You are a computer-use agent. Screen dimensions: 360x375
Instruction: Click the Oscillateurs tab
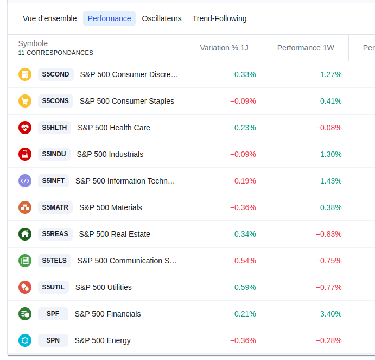162,18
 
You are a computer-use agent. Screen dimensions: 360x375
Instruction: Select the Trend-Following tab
219,18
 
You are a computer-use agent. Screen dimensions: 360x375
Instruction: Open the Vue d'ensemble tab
50,18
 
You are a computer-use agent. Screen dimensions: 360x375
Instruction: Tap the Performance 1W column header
306,48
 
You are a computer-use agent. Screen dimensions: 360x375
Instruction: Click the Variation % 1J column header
224,48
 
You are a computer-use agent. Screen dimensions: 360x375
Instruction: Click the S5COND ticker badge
56,74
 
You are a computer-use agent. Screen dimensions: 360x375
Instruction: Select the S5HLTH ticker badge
55,128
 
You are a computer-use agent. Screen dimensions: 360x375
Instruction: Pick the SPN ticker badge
53,340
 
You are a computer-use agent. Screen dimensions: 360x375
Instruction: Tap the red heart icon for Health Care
25,128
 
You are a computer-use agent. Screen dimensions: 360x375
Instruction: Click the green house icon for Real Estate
25,234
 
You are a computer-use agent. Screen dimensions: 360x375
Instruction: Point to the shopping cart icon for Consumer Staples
25,101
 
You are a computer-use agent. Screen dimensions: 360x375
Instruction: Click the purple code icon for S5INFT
25,181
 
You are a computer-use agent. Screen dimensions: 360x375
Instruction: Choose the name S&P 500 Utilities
104,287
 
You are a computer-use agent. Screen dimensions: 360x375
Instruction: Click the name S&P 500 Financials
107,314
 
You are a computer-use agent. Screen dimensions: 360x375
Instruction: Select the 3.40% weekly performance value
331,314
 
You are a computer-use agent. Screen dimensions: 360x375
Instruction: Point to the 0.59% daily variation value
245,287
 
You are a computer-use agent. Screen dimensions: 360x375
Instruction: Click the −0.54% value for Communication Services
243,261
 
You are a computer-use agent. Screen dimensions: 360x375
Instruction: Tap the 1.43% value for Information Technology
331,181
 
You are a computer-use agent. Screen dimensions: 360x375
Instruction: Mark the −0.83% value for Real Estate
329,234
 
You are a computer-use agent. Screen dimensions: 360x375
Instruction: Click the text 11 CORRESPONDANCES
56,53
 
